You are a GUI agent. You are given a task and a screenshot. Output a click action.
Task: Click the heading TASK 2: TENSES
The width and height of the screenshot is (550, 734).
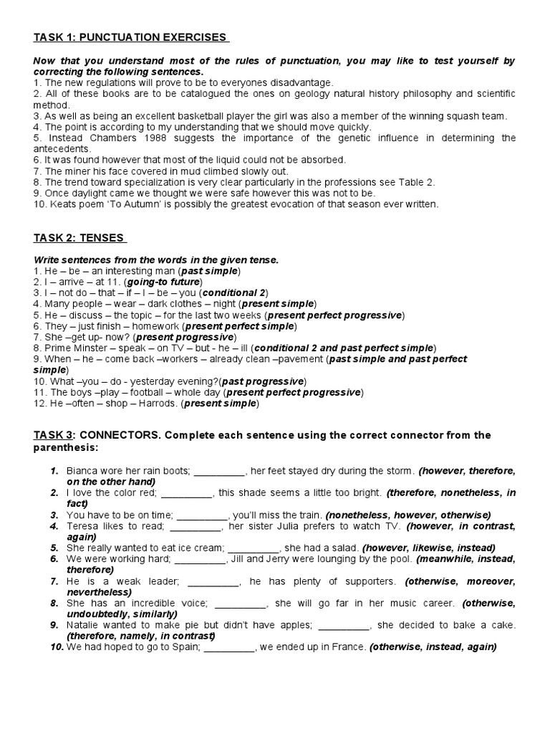coord(79,238)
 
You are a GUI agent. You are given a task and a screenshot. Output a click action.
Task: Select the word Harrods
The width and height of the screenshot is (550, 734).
coord(158,404)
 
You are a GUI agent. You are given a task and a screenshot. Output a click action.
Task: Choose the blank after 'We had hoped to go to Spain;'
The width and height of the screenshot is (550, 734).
coord(229,647)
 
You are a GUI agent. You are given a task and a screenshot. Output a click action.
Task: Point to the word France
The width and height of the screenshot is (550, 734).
coord(349,647)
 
